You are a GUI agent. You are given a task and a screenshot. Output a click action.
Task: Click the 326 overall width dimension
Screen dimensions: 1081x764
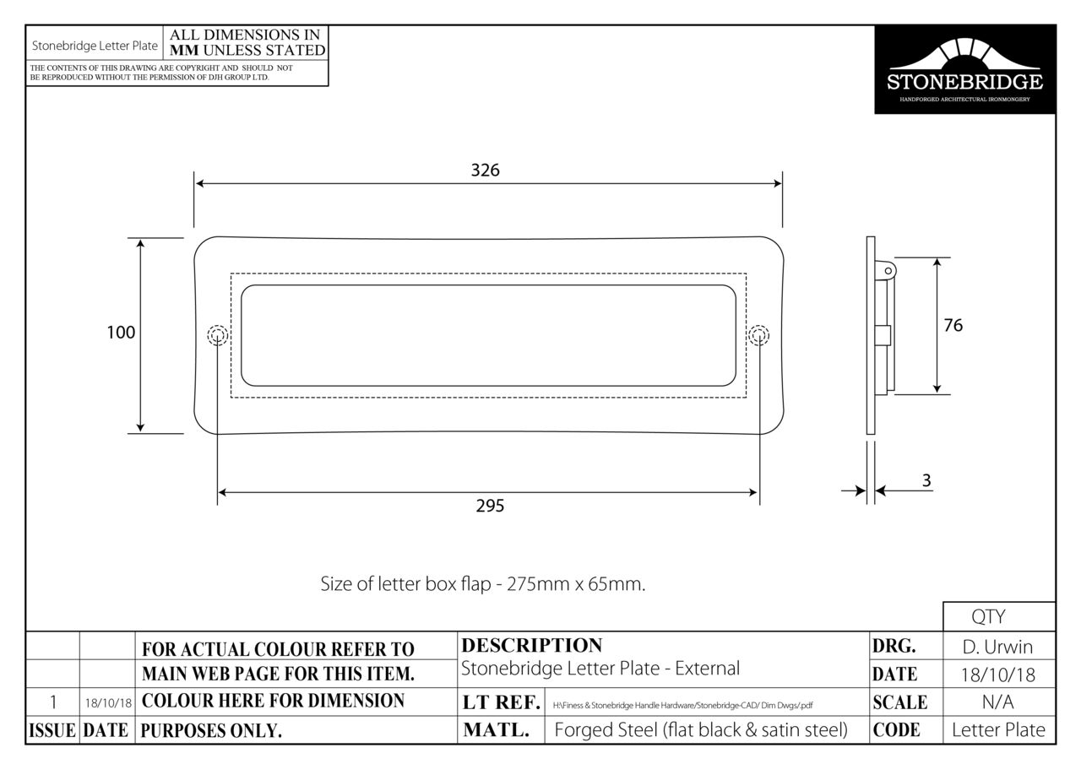coord(485,171)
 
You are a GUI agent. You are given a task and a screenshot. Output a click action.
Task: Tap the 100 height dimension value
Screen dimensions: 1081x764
coord(121,333)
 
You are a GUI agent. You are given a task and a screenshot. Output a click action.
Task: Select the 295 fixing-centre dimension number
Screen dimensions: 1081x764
coord(490,506)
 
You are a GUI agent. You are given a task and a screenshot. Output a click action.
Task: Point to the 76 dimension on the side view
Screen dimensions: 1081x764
coord(953,326)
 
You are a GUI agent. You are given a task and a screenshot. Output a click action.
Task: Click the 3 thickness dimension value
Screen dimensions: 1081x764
coord(926,480)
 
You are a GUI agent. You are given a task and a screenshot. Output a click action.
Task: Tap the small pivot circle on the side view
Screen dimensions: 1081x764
coord(888,271)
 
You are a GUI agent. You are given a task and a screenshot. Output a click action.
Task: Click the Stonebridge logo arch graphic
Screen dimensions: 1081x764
coord(964,54)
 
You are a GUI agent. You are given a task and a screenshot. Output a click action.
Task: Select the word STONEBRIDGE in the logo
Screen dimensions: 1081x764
coord(964,82)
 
